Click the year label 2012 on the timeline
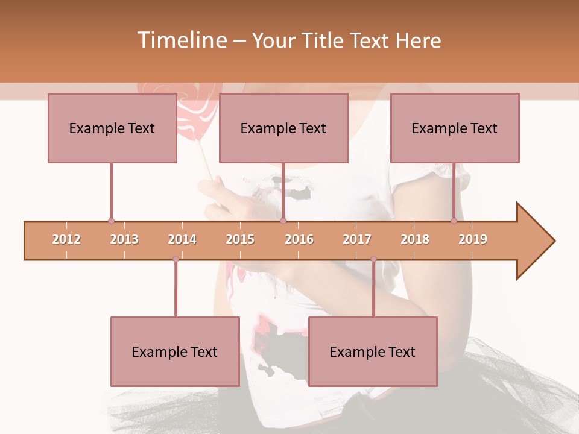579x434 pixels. click(x=66, y=239)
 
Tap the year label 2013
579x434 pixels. click(x=124, y=239)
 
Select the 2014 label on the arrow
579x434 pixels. click(x=182, y=239)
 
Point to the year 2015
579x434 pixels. click(x=240, y=239)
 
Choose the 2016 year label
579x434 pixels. click(x=299, y=239)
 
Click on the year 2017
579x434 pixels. click(x=357, y=239)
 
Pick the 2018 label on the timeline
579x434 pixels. click(x=415, y=239)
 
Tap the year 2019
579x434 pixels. click(x=473, y=239)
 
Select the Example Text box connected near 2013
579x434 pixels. click(x=112, y=128)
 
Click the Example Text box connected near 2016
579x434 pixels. click(x=283, y=128)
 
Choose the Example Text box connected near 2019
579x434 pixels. click(x=455, y=128)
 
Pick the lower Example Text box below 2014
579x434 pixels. click(x=175, y=351)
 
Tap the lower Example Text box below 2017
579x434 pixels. click(x=373, y=351)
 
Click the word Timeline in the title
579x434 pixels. click(x=181, y=40)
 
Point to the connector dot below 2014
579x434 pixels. click(x=176, y=259)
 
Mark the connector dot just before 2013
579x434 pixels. click(x=111, y=221)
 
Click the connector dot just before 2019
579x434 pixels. click(x=454, y=221)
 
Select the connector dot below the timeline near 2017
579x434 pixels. click(x=373, y=259)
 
